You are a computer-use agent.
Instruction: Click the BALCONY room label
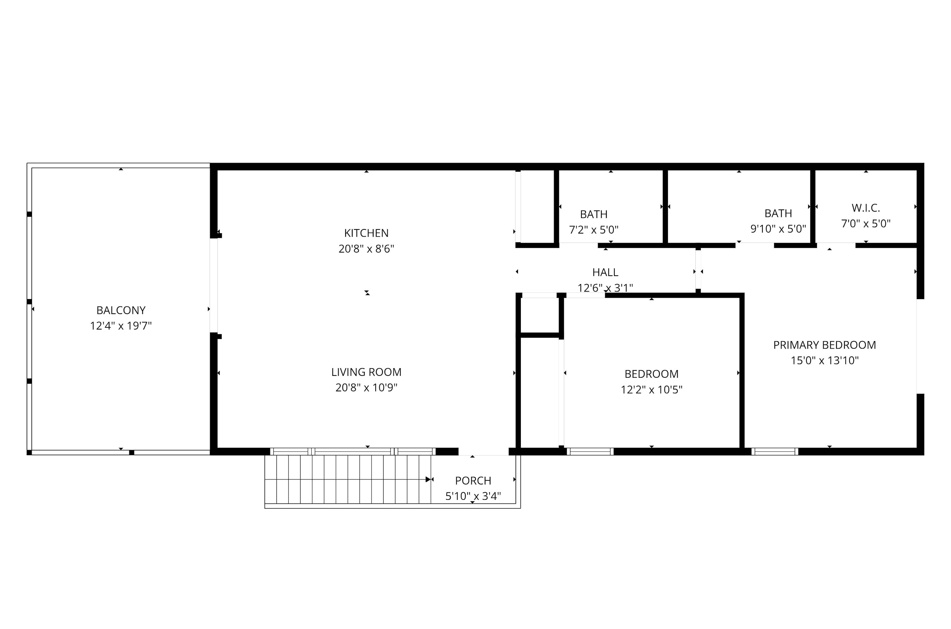point(121,310)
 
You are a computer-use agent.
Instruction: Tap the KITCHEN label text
point(366,233)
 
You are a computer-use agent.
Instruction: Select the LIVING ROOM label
point(366,372)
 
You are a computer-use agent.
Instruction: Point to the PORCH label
point(473,481)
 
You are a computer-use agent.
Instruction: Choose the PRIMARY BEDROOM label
point(825,345)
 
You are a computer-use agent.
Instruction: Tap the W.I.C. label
point(866,208)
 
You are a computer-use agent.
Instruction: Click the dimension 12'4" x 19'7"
point(121,326)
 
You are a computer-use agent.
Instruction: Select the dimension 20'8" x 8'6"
point(366,249)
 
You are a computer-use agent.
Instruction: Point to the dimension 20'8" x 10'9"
point(366,388)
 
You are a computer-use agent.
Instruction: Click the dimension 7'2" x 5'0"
point(594,230)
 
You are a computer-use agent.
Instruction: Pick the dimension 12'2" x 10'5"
point(652,389)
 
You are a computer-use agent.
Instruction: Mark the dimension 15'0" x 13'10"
point(825,360)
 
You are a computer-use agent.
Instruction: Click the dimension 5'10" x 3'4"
point(473,496)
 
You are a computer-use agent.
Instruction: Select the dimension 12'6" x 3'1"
point(605,288)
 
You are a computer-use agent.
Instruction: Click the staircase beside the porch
point(348,479)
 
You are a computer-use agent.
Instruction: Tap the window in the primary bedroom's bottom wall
point(775,451)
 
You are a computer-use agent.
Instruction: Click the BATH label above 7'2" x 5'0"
point(594,214)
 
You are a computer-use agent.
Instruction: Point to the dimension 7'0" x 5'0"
point(866,223)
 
